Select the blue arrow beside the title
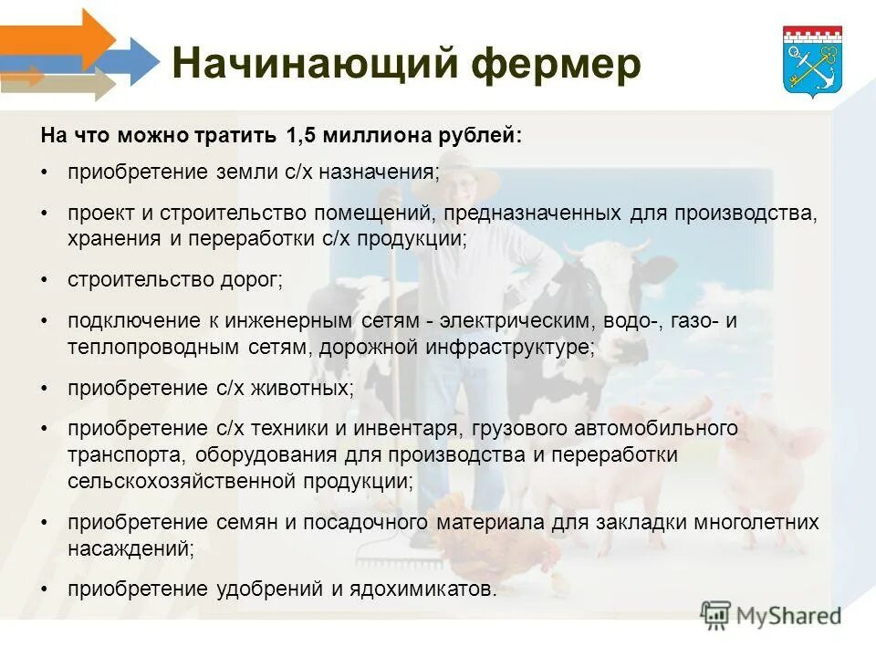click(137, 61)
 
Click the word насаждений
click(129, 549)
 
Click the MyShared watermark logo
click(771, 614)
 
